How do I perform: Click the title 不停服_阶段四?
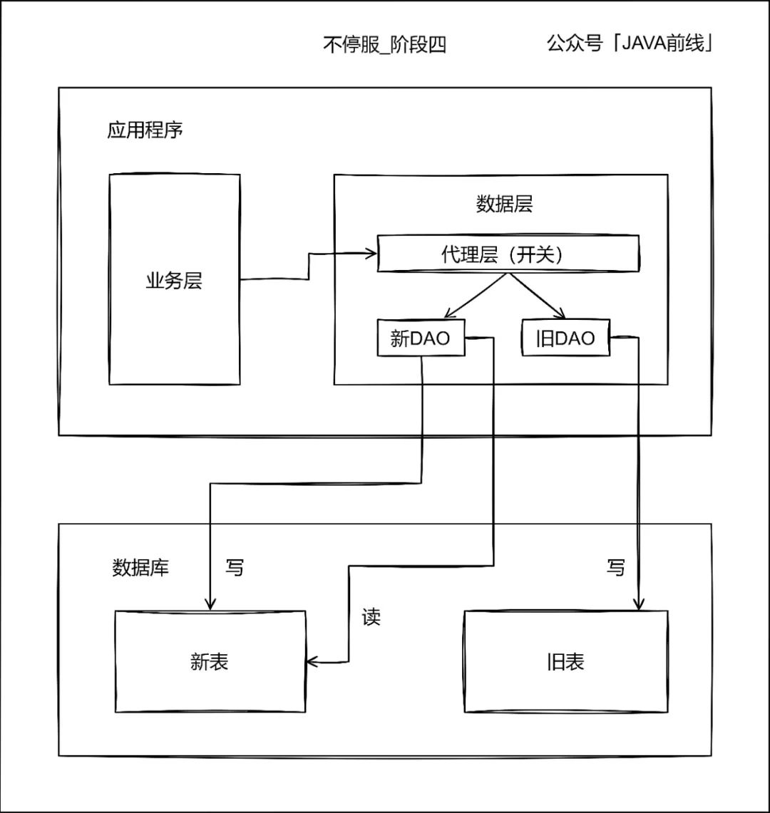pos(384,45)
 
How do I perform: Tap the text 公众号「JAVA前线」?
pos(630,43)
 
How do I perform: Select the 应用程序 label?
pos(145,130)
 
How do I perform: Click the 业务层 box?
pos(174,280)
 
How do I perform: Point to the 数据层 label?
pos(504,204)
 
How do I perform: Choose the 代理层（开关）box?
pos(508,254)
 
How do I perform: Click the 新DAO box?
pos(421,338)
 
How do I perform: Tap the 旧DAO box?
pos(566,338)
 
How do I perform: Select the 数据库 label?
pos(140,568)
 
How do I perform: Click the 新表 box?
pos(210,662)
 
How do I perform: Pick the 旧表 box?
pos(566,662)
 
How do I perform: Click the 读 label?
pos(371,617)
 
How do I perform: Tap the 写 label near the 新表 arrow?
pos(235,568)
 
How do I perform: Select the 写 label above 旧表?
pos(615,568)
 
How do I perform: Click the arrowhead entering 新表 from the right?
pos(312,663)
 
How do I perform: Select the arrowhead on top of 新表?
pos(210,604)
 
